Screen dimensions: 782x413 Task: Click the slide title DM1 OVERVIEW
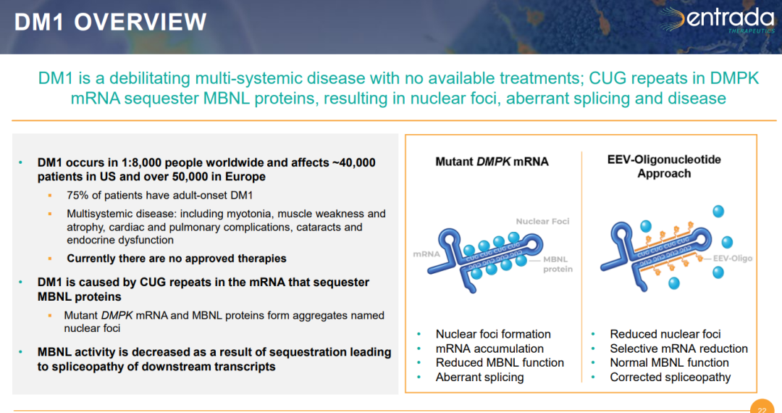coord(110,22)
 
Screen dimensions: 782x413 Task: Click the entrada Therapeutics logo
coord(717,20)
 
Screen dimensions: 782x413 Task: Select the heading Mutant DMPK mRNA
coord(492,162)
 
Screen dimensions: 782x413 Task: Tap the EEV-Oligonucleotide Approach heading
coord(664,167)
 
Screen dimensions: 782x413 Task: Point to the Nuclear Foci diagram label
coord(542,222)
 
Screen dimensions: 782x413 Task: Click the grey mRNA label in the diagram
coord(426,254)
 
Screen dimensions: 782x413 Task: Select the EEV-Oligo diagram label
coord(733,259)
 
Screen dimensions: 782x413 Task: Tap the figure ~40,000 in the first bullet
coord(353,162)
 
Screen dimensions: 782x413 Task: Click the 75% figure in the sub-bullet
coord(77,196)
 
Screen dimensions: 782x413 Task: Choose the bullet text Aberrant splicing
coord(480,377)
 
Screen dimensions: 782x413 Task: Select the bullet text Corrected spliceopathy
coord(670,377)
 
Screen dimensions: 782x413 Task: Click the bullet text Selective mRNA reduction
coord(678,349)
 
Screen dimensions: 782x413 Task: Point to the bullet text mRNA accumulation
coord(489,349)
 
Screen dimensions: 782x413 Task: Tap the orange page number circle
coord(762,406)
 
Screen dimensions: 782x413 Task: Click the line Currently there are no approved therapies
coord(177,259)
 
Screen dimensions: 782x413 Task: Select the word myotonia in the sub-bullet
coord(249,214)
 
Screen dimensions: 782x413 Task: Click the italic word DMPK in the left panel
coord(117,315)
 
